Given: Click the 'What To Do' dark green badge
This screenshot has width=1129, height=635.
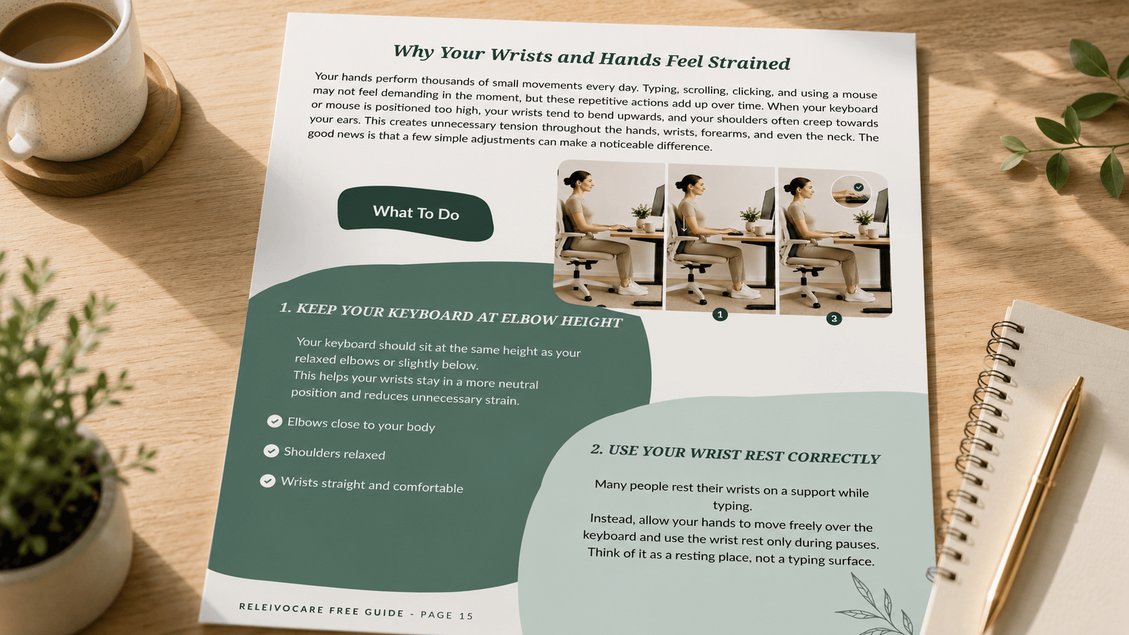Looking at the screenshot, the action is pos(415,213).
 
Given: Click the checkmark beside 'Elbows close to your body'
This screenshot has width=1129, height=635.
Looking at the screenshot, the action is pos(275,421).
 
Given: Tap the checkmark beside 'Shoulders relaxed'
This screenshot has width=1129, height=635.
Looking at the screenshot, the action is pos(271,451).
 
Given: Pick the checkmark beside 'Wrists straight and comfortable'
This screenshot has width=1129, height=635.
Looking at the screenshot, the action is pos(267,481).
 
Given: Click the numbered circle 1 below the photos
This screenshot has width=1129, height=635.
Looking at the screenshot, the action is pos(720,314).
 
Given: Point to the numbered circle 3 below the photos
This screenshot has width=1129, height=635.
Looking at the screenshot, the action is pos(834,319).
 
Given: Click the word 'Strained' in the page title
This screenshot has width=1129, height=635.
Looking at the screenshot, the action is pos(749,63).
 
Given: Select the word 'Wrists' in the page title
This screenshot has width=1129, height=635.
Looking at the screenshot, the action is pos(521,55).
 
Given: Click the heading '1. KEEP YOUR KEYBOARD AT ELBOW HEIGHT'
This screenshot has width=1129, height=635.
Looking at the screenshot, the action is pos(451,315).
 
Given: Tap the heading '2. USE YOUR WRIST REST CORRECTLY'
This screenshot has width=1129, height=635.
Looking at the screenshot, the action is pos(735,454).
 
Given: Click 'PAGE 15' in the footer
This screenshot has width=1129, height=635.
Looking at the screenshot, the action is pos(447,615).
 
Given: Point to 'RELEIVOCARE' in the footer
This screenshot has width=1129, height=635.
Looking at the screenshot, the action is pos(282,608).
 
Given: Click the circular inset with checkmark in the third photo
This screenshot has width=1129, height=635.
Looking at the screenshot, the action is pos(851,192).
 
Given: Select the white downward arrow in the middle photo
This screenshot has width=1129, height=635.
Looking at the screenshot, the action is pos(684,225).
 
